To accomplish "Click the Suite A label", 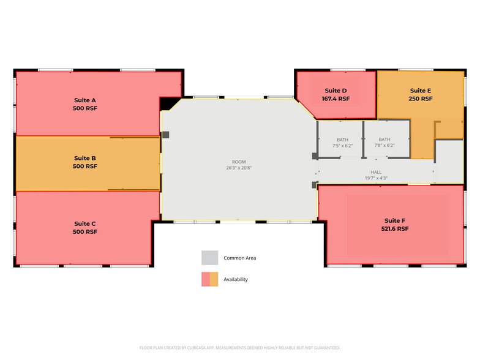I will click(x=85, y=100).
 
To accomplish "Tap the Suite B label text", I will click(x=85, y=158).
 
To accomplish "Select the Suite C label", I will click(x=85, y=223).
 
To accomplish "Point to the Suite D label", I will click(x=336, y=91).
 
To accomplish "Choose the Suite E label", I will click(x=421, y=91).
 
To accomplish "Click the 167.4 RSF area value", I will click(x=336, y=99).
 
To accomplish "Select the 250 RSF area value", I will click(x=421, y=99).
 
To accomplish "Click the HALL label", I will click(x=376, y=172).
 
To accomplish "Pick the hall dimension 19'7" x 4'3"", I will click(x=376, y=179).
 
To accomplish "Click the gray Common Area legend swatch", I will click(x=210, y=258).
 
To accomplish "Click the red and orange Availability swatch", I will click(x=210, y=279).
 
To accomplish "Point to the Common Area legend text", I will click(x=239, y=258).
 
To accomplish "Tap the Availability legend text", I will click(x=236, y=279).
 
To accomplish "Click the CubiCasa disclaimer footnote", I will click(x=239, y=347).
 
